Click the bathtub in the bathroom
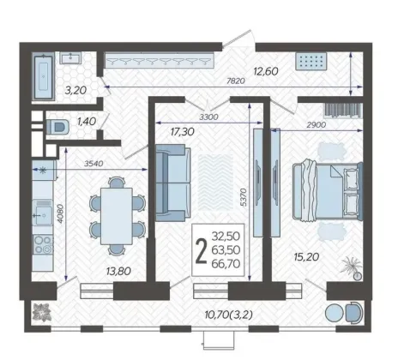tap(44, 76)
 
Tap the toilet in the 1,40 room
tap(57, 127)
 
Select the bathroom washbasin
tap(70, 57)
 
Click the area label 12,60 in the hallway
tap(266, 71)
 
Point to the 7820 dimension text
tap(236, 81)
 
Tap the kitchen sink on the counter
tap(42, 213)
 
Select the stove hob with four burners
tap(43, 244)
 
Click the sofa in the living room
tap(172, 183)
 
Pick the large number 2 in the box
tap(201, 250)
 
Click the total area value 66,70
tap(226, 264)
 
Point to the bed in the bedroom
tap(328, 190)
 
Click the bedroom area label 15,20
tap(306, 257)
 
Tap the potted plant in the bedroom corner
tap(353, 267)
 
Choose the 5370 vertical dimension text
tap(243, 197)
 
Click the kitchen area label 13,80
tap(118, 271)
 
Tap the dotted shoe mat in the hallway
tap(311, 61)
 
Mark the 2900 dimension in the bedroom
tap(317, 125)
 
